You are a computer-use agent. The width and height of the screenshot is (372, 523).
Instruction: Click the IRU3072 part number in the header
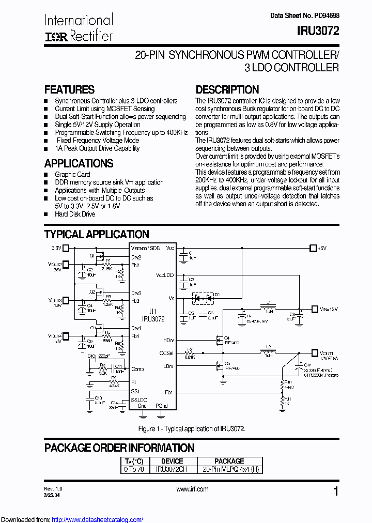(x=318, y=31)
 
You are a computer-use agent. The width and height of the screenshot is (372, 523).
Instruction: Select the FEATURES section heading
(x=69, y=89)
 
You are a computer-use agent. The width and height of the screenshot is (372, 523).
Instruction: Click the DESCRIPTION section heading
(x=227, y=89)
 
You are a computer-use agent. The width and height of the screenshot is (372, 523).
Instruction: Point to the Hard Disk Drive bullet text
(x=75, y=214)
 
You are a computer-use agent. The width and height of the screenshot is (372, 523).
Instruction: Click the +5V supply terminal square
(x=312, y=248)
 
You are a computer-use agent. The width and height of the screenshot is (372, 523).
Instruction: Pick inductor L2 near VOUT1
(x=268, y=353)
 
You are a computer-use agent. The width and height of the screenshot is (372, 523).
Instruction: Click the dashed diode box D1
(x=206, y=298)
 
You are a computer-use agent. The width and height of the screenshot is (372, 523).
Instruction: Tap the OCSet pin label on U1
(x=166, y=353)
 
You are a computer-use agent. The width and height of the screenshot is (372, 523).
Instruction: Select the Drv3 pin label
(x=136, y=293)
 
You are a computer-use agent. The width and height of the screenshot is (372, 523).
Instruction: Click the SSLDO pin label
(x=139, y=400)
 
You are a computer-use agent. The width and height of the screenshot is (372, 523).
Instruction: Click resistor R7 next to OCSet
(x=190, y=353)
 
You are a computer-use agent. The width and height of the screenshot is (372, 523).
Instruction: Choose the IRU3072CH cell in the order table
(x=172, y=469)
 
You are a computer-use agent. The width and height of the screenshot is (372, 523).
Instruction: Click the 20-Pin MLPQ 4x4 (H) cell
(x=229, y=469)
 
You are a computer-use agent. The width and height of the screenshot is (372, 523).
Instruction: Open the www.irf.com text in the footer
(x=192, y=489)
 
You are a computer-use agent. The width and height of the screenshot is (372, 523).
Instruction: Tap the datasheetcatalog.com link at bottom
(x=98, y=520)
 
